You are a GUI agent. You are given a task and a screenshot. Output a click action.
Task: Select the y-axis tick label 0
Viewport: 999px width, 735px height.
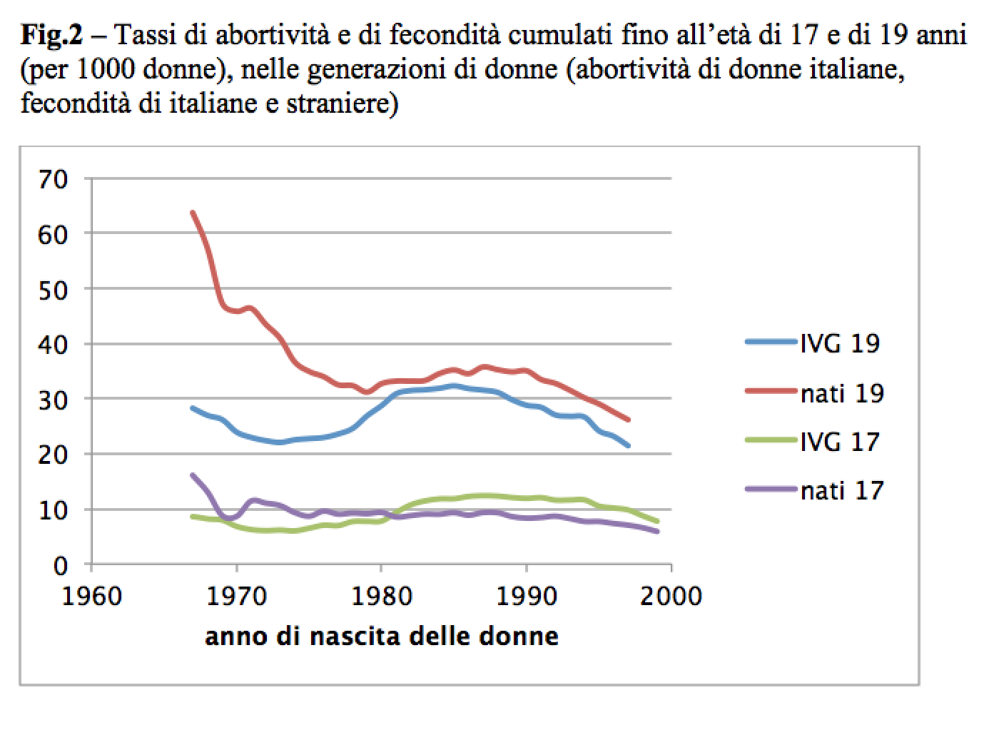click(61, 565)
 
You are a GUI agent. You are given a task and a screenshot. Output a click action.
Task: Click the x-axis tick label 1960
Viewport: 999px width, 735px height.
click(92, 596)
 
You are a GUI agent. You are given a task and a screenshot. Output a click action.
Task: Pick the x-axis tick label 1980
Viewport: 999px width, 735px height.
click(381, 596)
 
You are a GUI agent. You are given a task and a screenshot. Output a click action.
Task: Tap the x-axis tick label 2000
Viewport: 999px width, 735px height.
click(671, 596)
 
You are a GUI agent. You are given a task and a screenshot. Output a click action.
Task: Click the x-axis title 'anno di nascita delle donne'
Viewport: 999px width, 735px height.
click(382, 635)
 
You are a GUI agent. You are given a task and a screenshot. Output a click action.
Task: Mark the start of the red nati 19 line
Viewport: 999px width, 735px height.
click(192, 212)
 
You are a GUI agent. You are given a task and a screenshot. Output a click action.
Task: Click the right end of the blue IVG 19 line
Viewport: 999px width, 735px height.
click(628, 445)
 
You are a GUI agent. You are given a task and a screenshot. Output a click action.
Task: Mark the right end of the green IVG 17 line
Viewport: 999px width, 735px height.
click(656, 522)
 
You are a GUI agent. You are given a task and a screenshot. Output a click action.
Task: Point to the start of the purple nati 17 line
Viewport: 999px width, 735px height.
click(192, 475)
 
